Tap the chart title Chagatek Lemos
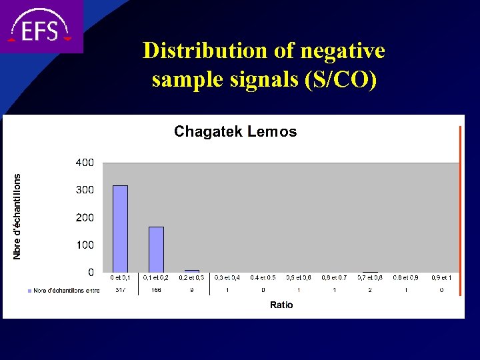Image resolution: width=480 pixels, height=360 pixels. coord(235,132)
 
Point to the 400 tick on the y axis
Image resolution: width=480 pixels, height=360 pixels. coord(84,163)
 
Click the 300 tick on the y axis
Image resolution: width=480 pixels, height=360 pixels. coord(84,190)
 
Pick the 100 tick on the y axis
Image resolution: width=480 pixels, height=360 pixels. coord(84,245)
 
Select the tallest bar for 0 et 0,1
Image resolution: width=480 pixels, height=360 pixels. coord(120,229)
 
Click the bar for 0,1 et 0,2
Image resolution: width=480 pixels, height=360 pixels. coord(156,249)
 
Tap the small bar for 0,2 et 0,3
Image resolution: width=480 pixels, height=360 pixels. coord(192,271)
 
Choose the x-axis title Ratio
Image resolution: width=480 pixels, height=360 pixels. coord(281,305)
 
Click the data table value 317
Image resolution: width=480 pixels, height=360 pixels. coord(120,290)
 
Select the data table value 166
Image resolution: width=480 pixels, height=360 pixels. coord(156,290)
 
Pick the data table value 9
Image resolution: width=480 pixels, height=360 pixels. coord(192,290)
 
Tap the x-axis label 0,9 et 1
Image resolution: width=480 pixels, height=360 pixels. coord(441,277)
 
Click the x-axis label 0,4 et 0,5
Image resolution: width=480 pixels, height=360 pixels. coord(263,277)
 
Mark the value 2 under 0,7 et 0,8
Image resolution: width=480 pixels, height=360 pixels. coord(370,290)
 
